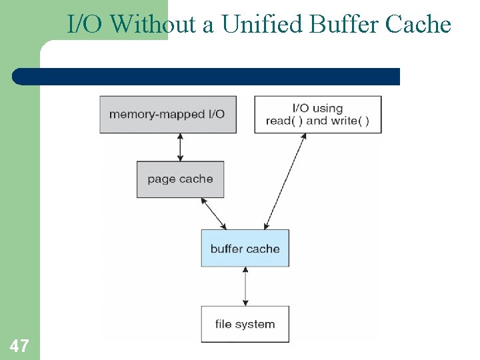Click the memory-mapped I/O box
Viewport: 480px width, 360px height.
[168, 114]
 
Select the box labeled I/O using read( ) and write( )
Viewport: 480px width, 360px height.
[317, 114]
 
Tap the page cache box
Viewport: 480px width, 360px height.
[180, 179]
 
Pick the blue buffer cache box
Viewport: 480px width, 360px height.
[245, 248]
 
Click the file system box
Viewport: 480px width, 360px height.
[245, 324]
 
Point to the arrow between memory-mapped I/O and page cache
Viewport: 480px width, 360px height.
[180, 147]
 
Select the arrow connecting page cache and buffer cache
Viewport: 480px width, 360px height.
[214, 213]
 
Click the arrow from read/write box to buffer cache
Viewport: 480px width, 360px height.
[285, 181]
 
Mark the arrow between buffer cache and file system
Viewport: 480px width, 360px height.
[245, 287]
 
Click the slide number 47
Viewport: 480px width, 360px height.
[19, 345]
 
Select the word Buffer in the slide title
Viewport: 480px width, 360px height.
[342, 25]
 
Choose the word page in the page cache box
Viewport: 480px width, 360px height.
[161, 179]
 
